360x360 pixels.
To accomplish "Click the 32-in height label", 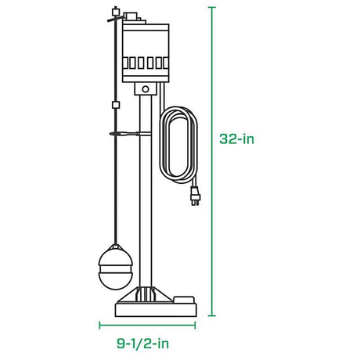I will [238, 139].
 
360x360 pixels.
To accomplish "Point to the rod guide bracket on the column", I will [129, 135].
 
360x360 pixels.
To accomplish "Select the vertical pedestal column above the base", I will [145, 196].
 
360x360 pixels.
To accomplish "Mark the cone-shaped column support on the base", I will [144, 294].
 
